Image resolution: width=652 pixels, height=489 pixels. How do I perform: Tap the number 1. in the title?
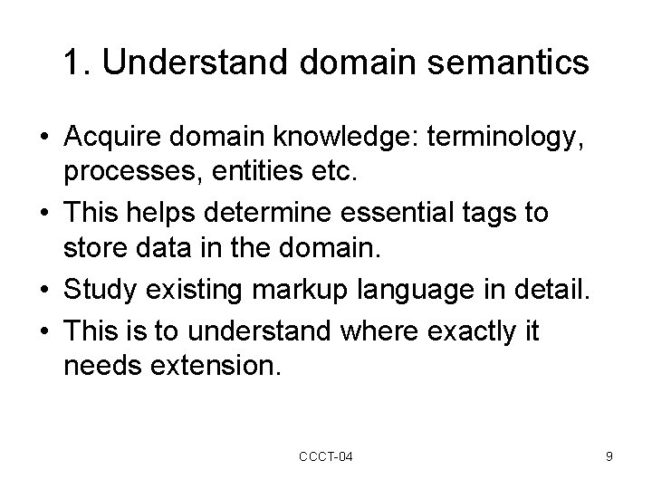76,62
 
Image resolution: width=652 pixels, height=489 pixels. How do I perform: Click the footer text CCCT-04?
326,457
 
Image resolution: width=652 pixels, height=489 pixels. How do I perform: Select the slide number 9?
609,457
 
